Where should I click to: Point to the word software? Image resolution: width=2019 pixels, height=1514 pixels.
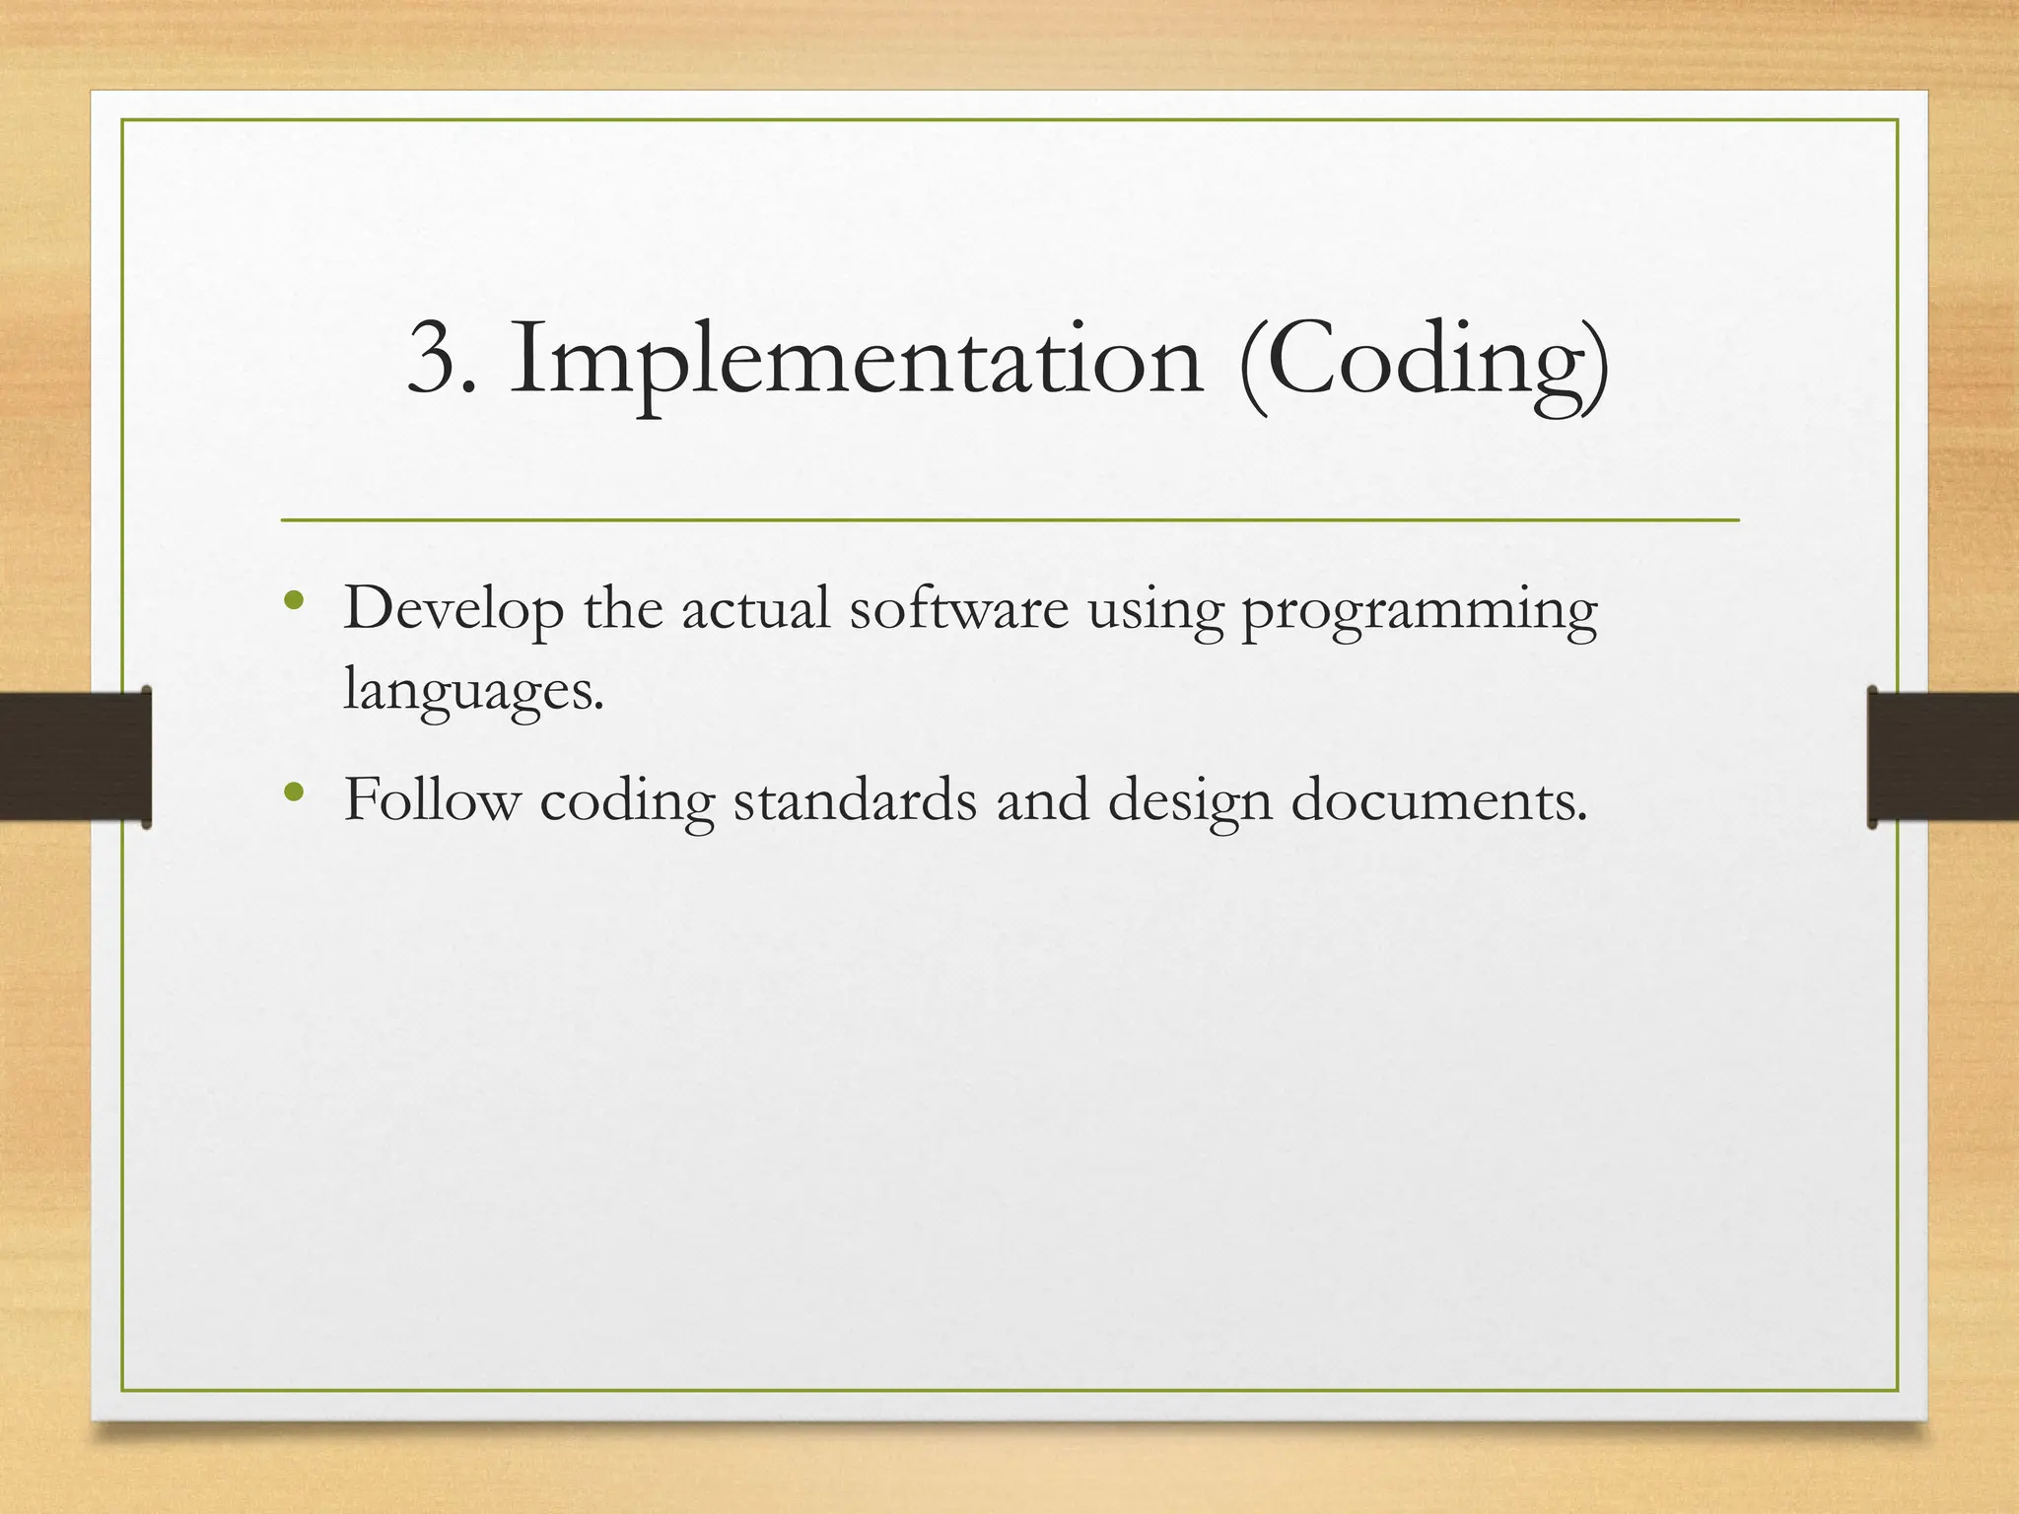tap(958, 609)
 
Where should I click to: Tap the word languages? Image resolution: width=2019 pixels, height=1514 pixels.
tap(471, 690)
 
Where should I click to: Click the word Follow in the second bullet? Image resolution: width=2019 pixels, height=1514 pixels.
tap(431, 799)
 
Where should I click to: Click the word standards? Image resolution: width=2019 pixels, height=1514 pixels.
tap(855, 799)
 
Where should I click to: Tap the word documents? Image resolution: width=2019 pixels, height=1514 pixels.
tap(1438, 799)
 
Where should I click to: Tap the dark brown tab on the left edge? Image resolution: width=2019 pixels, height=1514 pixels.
tap(75, 757)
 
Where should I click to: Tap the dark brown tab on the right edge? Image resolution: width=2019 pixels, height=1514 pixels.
tap(1943, 757)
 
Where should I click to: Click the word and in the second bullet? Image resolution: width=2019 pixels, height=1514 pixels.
tap(1042, 799)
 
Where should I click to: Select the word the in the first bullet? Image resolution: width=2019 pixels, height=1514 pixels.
tap(622, 609)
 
